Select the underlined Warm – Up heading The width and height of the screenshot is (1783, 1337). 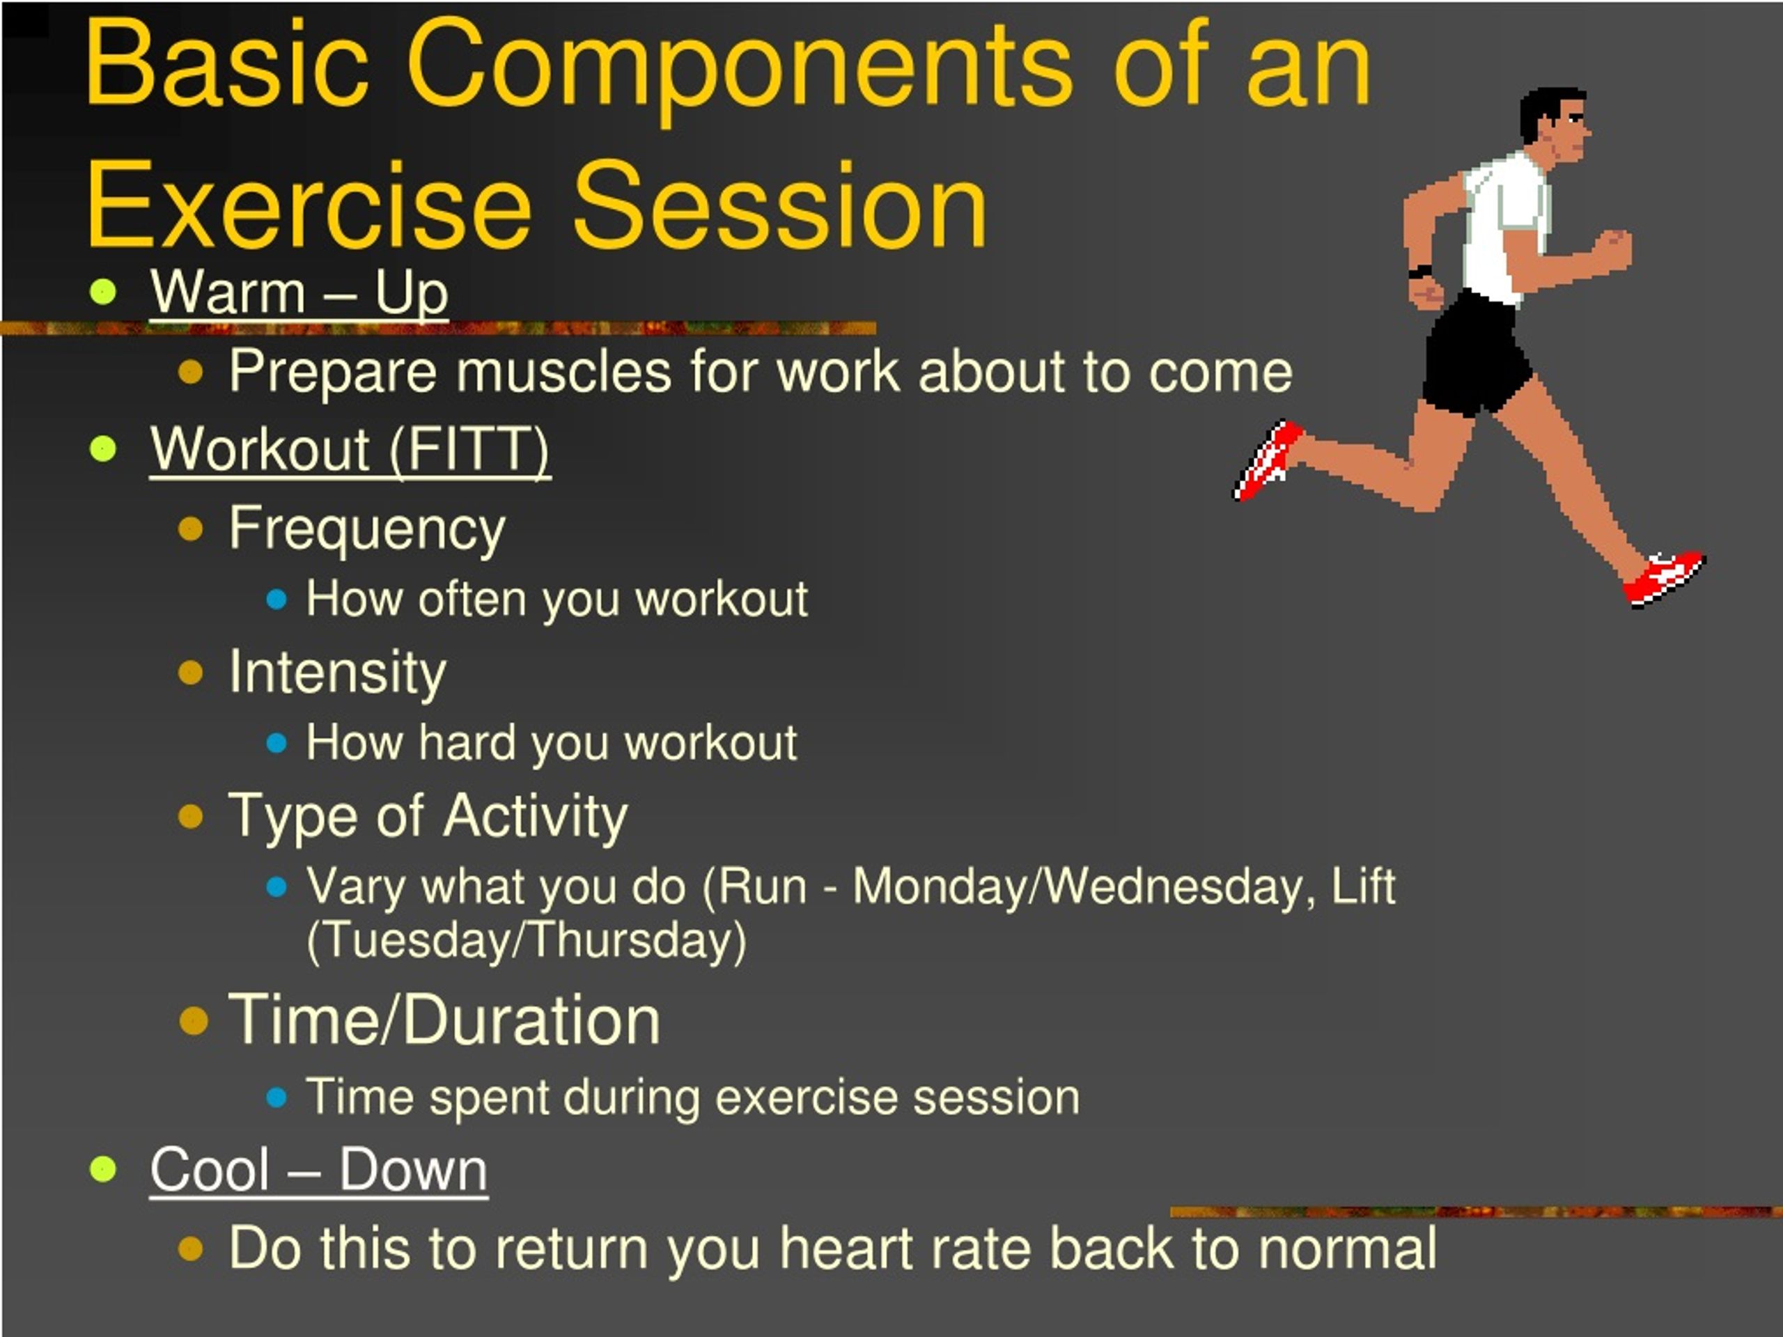299,292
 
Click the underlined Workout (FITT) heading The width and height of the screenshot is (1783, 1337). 350,449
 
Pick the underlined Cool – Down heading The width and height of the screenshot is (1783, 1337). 318,1169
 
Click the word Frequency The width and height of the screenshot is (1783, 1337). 367,529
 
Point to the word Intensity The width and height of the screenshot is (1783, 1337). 337,672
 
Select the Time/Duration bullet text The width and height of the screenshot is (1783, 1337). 444,1019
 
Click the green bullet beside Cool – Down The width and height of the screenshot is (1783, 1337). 103,1168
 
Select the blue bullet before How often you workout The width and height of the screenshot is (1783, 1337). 277,600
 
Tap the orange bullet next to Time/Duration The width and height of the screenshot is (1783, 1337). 194,1020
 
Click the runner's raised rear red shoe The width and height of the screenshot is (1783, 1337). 1267,461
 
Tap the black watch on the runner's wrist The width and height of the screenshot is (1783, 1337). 1419,272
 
